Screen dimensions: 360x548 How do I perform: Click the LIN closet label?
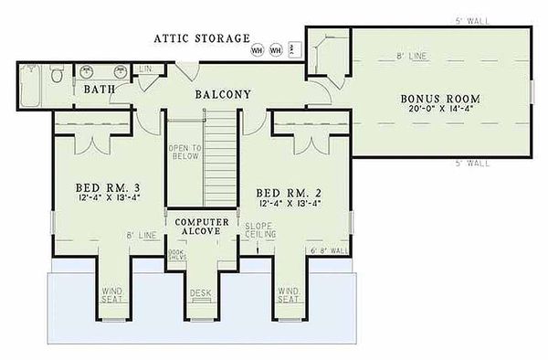click(144, 69)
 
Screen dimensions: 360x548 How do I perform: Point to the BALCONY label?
click(222, 93)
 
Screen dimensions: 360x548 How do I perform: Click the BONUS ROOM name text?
click(440, 98)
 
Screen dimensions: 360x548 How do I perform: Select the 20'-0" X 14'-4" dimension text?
click(440, 110)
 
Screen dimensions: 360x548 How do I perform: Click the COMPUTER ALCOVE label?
click(200, 227)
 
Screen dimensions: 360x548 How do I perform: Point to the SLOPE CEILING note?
click(255, 230)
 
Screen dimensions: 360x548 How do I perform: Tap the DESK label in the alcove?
click(200, 294)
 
